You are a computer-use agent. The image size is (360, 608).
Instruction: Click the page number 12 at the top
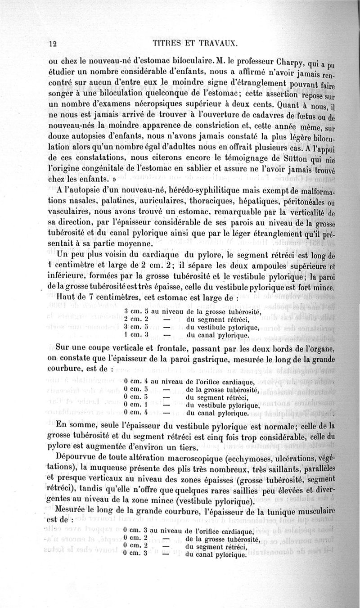click(51, 44)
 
